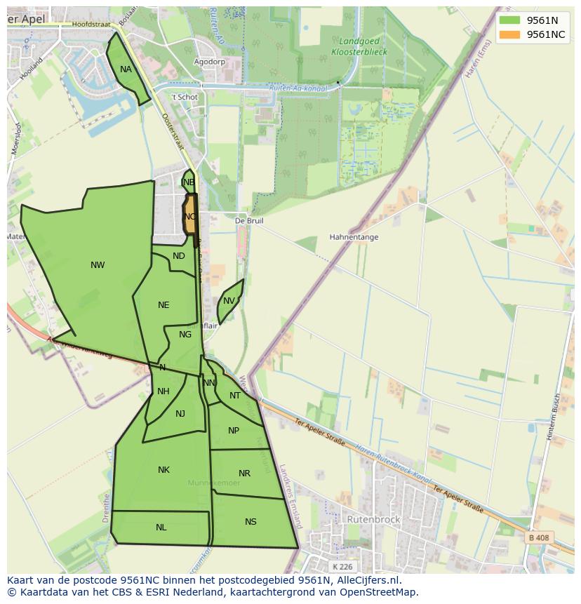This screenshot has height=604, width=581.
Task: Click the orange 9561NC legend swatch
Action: click(509, 34)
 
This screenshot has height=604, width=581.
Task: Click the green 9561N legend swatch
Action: click(509, 20)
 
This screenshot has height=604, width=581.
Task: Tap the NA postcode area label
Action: click(126, 69)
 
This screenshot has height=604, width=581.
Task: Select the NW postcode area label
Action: click(98, 265)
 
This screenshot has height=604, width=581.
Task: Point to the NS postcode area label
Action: click(251, 522)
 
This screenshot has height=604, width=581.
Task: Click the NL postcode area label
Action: click(161, 528)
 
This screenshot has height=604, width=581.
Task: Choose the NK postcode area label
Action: click(163, 470)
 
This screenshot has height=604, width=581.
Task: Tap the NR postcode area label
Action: click(244, 474)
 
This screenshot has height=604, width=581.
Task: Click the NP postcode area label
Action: click(234, 431)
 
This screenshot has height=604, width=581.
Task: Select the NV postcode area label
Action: click(229, 302)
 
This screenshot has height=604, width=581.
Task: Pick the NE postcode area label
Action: click(163, 305)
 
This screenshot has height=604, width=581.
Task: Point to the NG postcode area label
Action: click(185, 335)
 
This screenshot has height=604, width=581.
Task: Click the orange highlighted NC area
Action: click(190, 217)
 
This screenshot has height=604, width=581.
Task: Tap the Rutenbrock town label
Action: click(373, 520)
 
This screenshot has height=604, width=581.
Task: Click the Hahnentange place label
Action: click(354, 237)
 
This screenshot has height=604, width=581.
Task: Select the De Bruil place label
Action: click(249, 220)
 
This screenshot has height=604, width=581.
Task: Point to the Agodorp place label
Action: click(210, 62)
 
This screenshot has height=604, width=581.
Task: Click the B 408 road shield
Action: click(537, 538)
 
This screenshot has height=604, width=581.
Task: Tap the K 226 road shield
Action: click(343, 567)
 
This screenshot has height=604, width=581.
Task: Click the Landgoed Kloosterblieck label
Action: click(359, 46)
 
